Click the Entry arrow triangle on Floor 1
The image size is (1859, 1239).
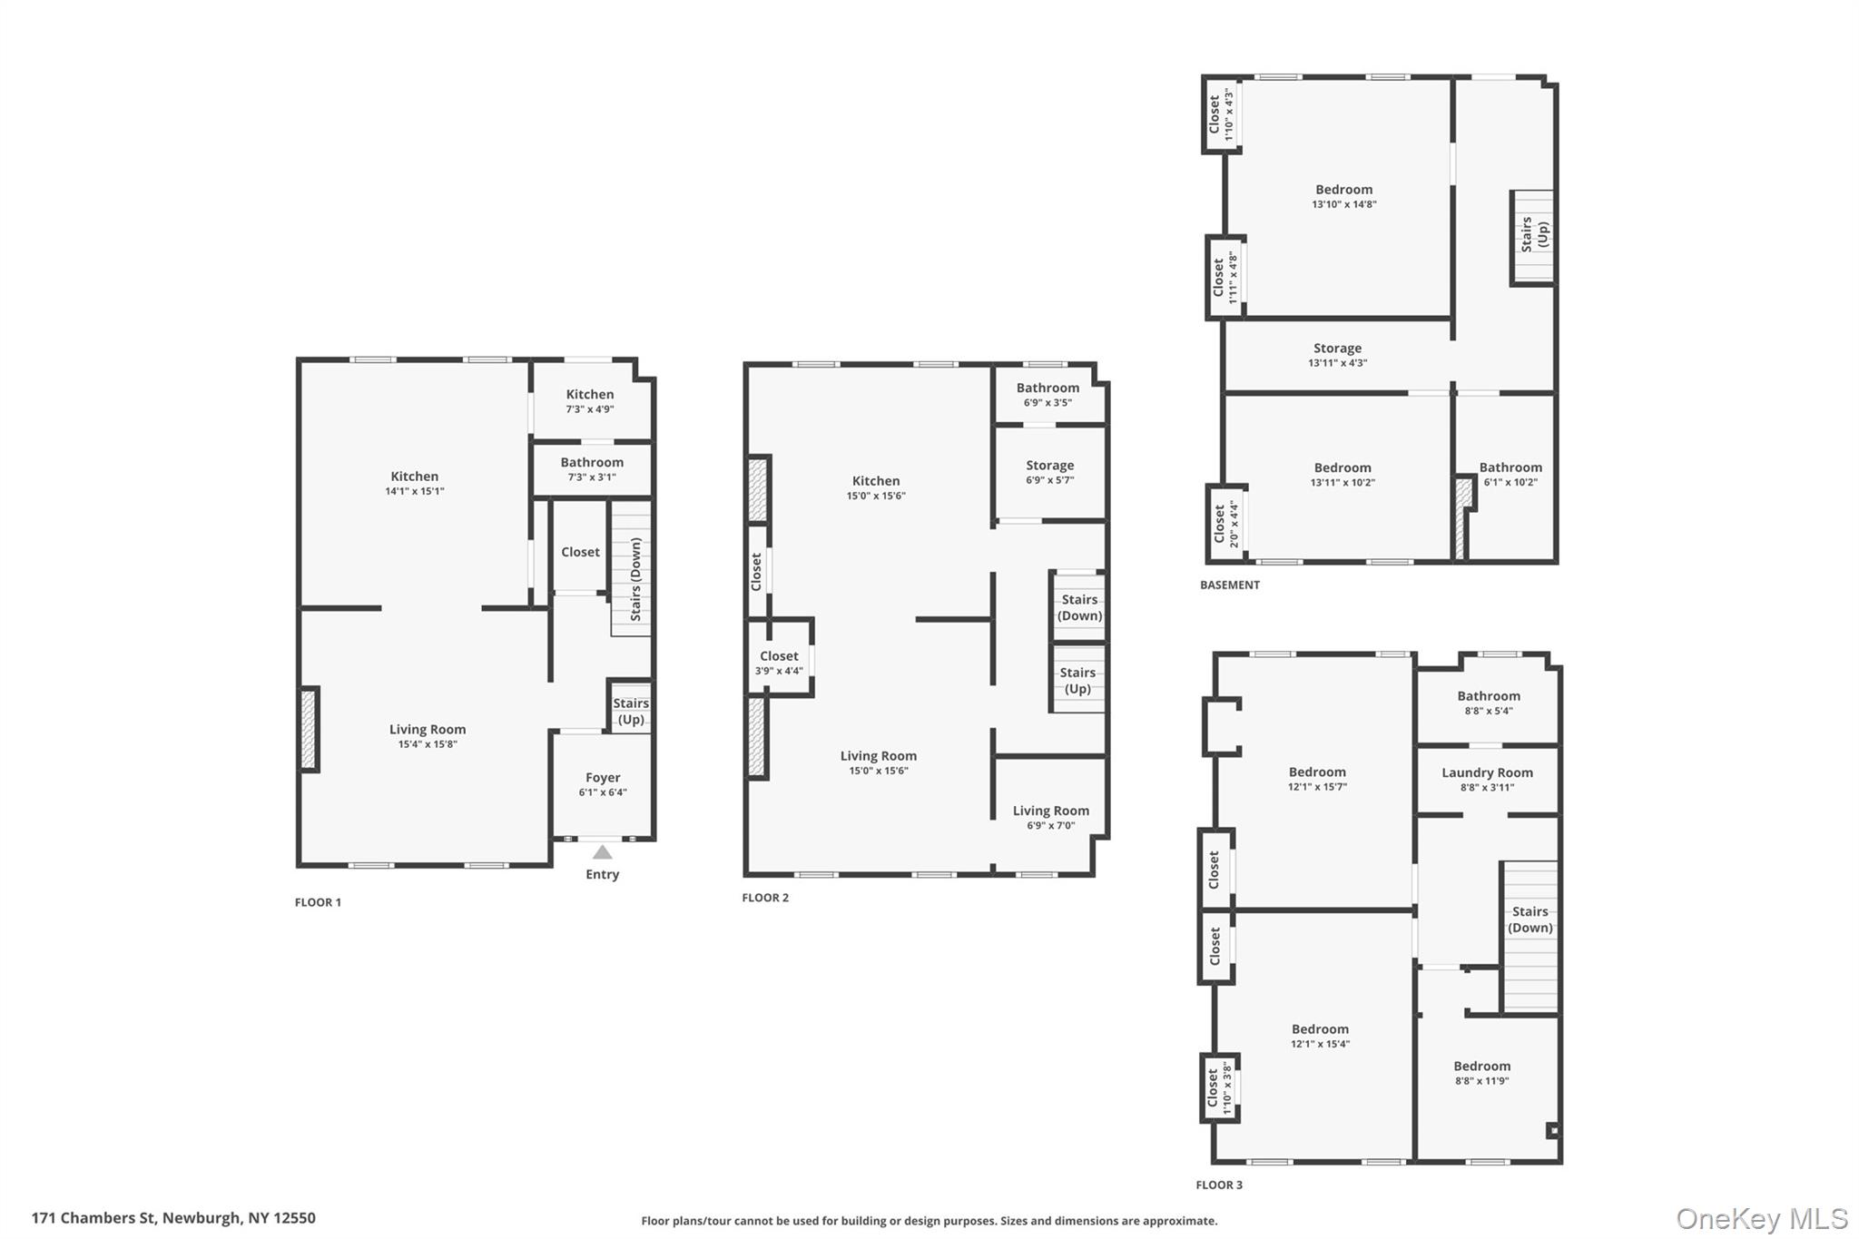(x=602, y=851)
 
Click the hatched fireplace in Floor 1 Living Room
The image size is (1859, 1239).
(x=309, y=730)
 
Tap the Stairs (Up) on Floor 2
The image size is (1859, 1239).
(x=1077, y=680)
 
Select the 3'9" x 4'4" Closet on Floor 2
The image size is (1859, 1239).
(x=779, y=662)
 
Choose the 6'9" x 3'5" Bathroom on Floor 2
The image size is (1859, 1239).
(x=1048, y=394)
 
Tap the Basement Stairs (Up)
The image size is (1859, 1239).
(x=1532, y=235)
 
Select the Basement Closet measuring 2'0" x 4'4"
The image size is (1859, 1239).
(x=1225, y=524)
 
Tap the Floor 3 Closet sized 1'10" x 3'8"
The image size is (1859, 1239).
(x=1219, y=1087)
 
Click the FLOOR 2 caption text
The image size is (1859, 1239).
(x=765, y=898)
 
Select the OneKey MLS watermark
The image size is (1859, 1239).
(x=1761, y=1218)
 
